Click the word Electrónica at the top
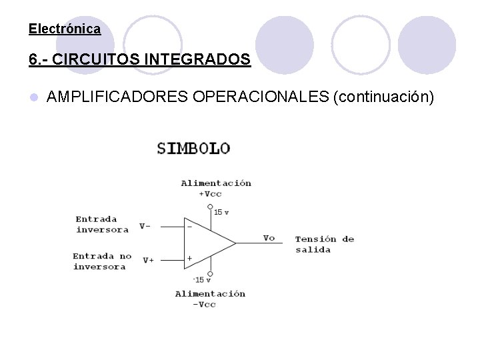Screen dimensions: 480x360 click(x=65, y=29)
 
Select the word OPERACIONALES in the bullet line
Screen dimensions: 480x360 click(x=261, y=97)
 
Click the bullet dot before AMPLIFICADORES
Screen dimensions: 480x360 click(x=33, y=98)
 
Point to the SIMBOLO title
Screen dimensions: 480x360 click(x=193, y=148)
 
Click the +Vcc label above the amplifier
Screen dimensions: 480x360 click(x=210, y=194)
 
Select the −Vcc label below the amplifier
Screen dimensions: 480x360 click(x=204, y=304)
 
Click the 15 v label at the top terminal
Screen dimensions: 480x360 click(x=221, y=212)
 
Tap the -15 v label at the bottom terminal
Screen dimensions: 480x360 click(x=202, y=279)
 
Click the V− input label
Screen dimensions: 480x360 click(x=145, y=226)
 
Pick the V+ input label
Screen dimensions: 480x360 click(x=148, y=260)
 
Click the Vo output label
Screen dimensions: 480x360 click(x=269, y=238)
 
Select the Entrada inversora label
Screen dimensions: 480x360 click(x=101, y=224)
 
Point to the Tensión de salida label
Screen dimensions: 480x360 click(x=324, y=244)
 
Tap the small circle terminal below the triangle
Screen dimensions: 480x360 click(x=210, y=273)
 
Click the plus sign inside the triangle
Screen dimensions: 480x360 click(x=190, y=258)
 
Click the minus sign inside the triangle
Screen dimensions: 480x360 click(x=190, y=226)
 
